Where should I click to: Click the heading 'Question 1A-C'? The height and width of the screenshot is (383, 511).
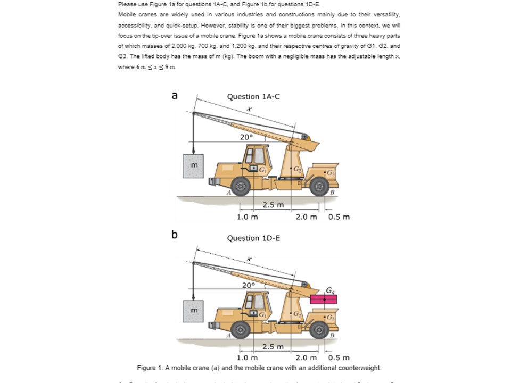pyautogui.click(x=253, y=96)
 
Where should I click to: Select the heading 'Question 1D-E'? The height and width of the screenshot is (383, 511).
pyautogui.click(x=253, y=238)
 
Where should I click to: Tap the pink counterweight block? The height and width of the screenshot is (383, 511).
pyautogui.click(x=324, y=299)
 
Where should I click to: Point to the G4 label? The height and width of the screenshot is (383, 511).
pyautogui.click(x=332, y=289)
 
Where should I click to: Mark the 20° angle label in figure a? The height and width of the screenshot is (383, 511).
pyautogui.click(x=246, y=137)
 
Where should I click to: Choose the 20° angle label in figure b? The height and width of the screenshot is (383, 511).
pyautogui.click(x=248, y=285)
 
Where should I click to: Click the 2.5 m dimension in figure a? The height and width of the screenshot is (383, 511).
pyautogui.click(x=273, y=205)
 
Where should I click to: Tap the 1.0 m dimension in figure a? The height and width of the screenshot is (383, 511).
pyautogui.click(x=247, y=217)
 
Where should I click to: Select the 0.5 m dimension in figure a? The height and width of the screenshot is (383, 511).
pyautogui.click(x=339, y=217)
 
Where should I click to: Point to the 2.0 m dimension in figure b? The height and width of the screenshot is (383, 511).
pyautogui.click(x=306, y=357)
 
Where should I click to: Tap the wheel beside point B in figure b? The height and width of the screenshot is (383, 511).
pyautogui.click(x=319, y=329)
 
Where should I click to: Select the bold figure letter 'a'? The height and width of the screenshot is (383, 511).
pyautogui.click(x=174, y=95)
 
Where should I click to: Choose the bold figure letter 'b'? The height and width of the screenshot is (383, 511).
pyautogui.click(x=174, y=234)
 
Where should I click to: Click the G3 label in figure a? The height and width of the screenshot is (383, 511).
pyautogui.click(x=331, y=172)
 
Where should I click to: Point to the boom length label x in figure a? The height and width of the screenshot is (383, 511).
pyautogui.click(x=248, y=109)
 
